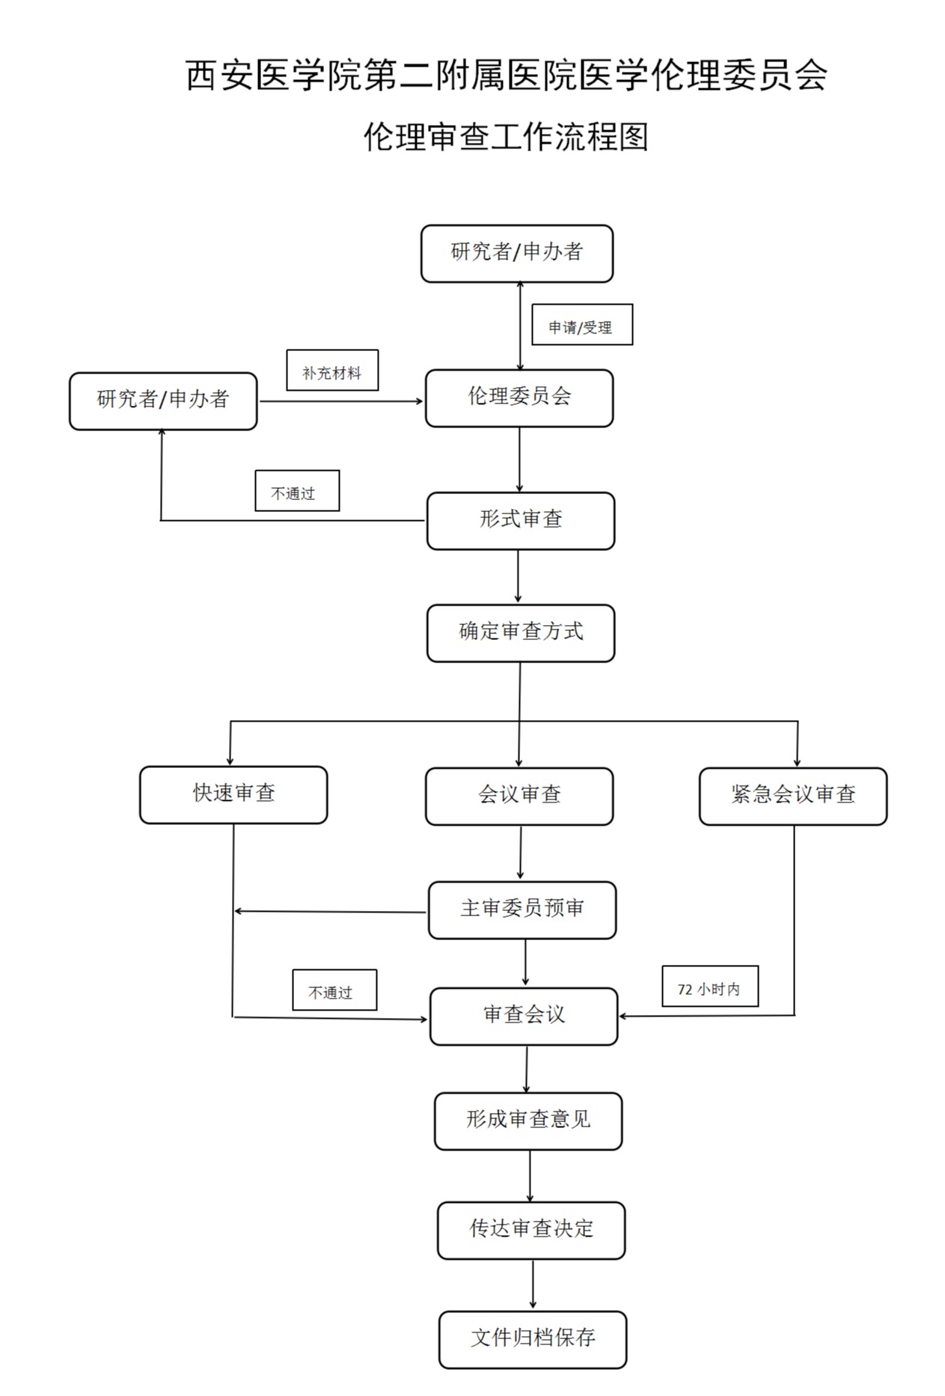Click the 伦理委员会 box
pyautogui.click(x=519, y=398)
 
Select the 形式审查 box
pyautogui.click(x=521, y=521)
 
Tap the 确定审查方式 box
pyautogui.click(x=521, y=633)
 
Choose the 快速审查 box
pyautogui.click(x=233, y=795)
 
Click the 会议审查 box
pyautogui.click(x=519, y=796)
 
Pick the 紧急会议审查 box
pyautogui.click(x=793, y=796)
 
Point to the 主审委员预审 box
pyautogui.click(x=522, y=910)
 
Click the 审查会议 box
pyautogui.click(x=524, y=1016)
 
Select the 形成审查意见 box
pyautogui.click(x=528, y=1121)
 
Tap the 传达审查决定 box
pyautogui.click(x=531, y=1231)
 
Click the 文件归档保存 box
pyautogui.click(x=533, y=1340)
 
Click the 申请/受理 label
pyautogui.click(x=582, y=325)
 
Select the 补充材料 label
pyautogui.click(x=332, y=371)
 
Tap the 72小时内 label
pyautogui.click(x=710, y=987)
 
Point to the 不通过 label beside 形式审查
pyautogui.click(x=297, y=491)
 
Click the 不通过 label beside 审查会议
pyautogui.click(x=334, y=990)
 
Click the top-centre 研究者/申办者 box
pyautogui.click(x=517, y=254)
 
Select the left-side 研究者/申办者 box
pyautogui.click(x=163, y=401)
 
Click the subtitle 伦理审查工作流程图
pyautogui.click(x=506, y=137)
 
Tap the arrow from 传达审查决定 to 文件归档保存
pyautogui.click(x=533, y=1285)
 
